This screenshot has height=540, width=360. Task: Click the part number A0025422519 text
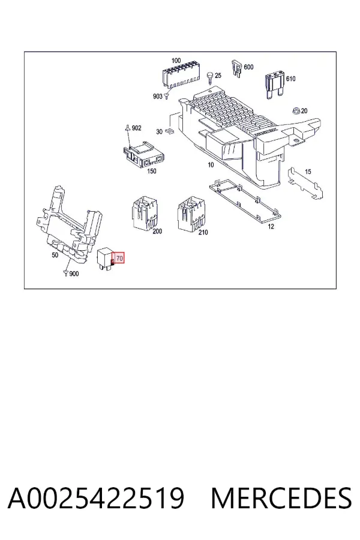pyautogui.click(x=96, y=497)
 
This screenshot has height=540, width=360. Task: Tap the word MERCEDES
pyautogui.click(x=281, y=497)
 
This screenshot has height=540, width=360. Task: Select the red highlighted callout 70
pyautogui.click(x=119, y=258)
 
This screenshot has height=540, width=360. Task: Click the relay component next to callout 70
pyautogui.click(x=105, y=259)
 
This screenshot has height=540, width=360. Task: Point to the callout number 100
pyautogui.click(x=176, y=61)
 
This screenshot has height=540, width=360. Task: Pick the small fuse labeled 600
pyautogui.click(x=236, y=68)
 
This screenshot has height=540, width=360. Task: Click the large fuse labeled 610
pyautogui.click(x=275, y=85)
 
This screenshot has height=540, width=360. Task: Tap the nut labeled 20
pyautogui.click(x=296, y=111)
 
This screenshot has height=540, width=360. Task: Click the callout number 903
pyautogui.click(x=157, y=97)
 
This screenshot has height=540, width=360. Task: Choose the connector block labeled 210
pyautogui.click(x=191, y=213)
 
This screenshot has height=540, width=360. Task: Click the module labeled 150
pyautogui.click(x=143, y=155)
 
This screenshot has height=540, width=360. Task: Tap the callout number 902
pyautogui.click(x=137, y=128)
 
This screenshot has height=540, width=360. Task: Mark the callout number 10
pyautogui.click(x=211, y=165)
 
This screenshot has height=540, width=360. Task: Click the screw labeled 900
pyautogui.click(x=65, y=274)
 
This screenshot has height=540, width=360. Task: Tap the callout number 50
pyautogui.click(x=55, y=255)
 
